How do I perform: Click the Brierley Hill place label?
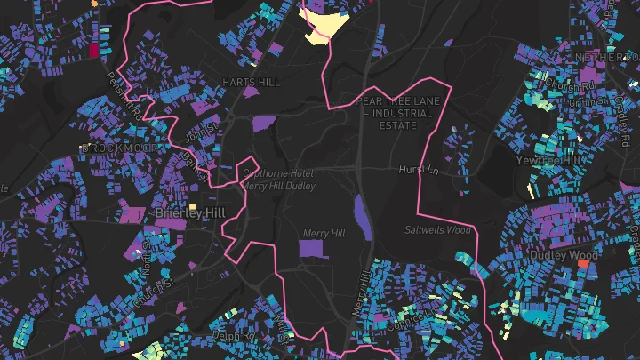pos(190,213)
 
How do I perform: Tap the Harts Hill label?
pos(251,82)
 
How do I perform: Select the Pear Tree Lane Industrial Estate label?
pos(399,114)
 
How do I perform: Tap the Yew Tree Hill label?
pos(552,160)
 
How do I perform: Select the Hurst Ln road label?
pos(420,169)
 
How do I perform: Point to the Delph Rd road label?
pos(234,335)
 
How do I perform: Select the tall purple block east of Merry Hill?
pos(363,219)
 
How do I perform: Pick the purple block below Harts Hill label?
pos(264,123)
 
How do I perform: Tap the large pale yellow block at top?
pos(324,25)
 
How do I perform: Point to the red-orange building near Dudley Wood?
pos(584,264)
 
